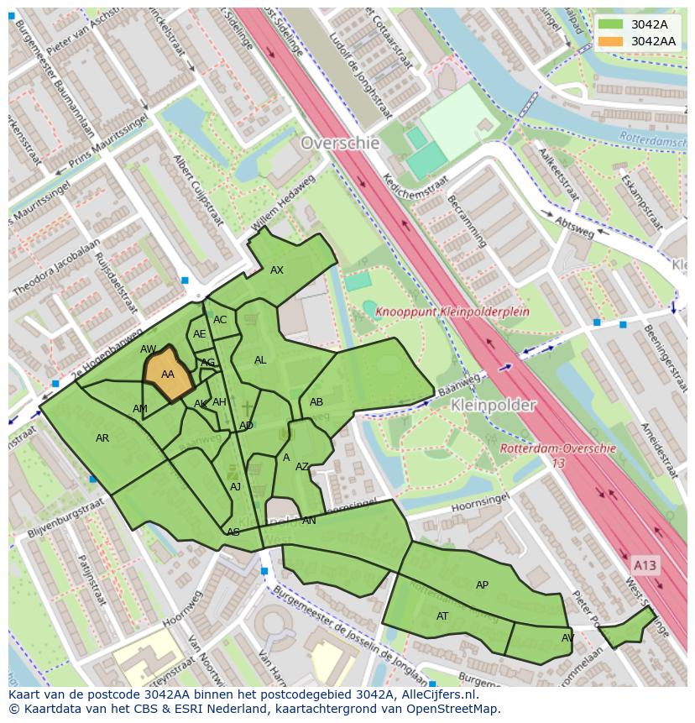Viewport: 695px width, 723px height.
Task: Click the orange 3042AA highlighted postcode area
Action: pos(168,375)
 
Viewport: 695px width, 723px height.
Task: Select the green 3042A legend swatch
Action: pos(611,24)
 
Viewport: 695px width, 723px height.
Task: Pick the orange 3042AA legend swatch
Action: pos(611,41)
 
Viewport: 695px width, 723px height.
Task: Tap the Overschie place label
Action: pos(340,143)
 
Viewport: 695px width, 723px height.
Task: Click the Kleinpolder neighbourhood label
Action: pos(493,405)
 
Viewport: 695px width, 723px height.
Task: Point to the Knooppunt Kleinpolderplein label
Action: pos(452,312)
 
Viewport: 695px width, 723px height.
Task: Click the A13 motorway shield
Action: pos(645,565)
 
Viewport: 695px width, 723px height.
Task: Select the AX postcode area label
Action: pos(277,270)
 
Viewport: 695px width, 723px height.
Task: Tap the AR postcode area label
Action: pos(102,438)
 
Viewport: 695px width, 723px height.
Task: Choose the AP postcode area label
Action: pos(482,585)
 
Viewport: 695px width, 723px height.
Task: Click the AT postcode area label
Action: pos(442,616)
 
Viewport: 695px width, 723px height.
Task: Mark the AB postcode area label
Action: pos(316,402)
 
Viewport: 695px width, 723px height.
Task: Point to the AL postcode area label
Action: pos(260,360)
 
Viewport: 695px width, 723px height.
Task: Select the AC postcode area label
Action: pos(220,320)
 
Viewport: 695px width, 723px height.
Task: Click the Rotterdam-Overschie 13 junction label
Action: pos(558,455)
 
